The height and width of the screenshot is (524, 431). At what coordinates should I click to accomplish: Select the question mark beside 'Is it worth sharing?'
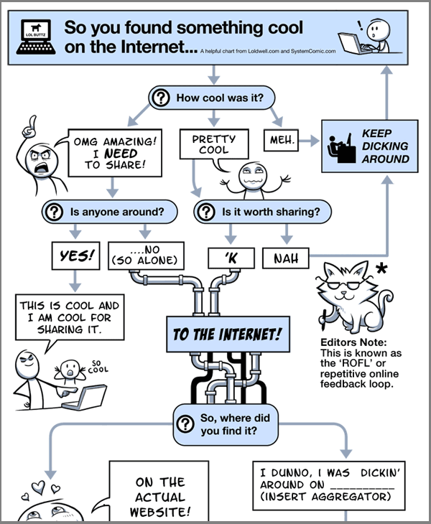tap(207, 212)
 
